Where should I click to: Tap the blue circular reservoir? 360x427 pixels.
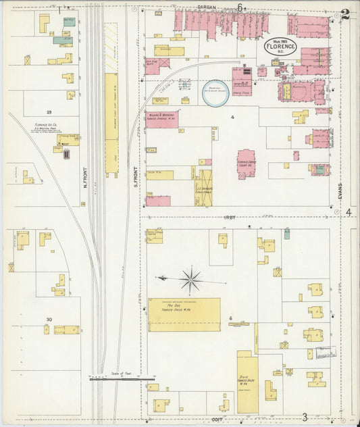pyautogui.click(x=215, y=94)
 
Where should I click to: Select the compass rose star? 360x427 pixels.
pyautogui.click(x=191, y=278)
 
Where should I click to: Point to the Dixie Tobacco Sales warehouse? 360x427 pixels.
pyautogui.click(x=247, y=382)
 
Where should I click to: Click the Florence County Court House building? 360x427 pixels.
pyautogui.click(x=246, y=164)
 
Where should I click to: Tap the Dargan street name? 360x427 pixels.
pyautogui.click(x=207, y=7)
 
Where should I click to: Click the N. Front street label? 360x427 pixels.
pyautogui.click(x=86, y=178)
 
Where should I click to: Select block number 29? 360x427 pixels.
pyautogui.click(x=49, y=111)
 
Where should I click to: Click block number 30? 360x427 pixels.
pyautogui.click(x=49, y=320)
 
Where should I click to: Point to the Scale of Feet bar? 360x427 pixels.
pyautogui.click(x=122, y=379)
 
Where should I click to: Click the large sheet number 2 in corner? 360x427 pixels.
pyautogui.click(x=346, y=14)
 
